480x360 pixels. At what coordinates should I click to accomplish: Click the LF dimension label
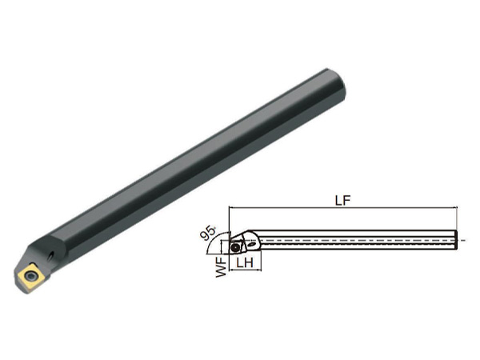click(342, 200)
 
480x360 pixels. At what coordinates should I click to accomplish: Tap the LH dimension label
click(245, 262)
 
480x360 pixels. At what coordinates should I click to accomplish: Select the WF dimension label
click(222, 267)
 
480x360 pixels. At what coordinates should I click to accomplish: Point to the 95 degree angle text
click(207, 232)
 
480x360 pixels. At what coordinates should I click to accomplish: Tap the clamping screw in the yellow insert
click(30, 276)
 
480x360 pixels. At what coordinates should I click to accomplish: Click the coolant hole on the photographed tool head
click(51, 257)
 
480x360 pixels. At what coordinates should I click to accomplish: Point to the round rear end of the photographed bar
click(337, 84)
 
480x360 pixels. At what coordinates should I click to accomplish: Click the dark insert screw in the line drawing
click(235, 247)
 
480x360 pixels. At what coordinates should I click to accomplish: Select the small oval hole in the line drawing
click(252, 244)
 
